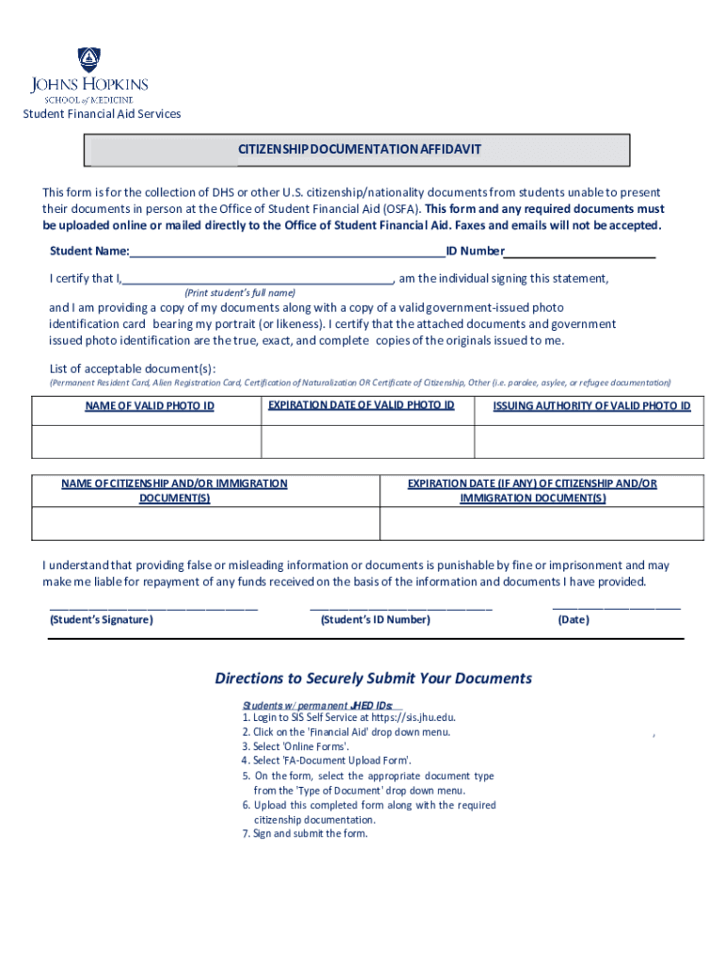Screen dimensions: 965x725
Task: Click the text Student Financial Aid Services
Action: [x=102, y=114]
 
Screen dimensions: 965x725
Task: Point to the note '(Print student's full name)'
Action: [x=239, y=292]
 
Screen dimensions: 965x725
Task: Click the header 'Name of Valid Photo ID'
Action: [x=149, y=406]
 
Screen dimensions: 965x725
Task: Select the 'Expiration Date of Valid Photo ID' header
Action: [x=362, y=405]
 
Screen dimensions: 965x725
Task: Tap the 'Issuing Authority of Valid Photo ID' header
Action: [x=591, y=406]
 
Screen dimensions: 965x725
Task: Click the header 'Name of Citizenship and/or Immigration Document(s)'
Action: [x=174, y=490]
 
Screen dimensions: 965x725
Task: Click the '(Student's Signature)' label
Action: [x=101, y=620]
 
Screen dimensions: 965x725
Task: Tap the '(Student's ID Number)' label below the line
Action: [x=375, y=620]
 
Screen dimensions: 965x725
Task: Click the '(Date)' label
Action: [x=573, y=620]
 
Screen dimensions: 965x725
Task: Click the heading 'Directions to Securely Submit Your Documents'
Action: [x=373, y=679]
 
